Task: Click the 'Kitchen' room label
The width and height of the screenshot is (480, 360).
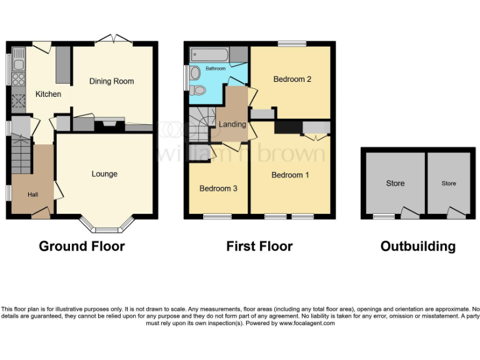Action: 48,94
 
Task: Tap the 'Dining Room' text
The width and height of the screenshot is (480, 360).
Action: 111,81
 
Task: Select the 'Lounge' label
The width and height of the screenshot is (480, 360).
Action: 104,174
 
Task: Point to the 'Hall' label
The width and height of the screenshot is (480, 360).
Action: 32,195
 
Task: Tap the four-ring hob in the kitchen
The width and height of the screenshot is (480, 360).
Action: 17,79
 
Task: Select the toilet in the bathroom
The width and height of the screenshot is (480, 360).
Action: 198,90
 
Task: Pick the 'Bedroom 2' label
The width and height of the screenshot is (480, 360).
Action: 292,79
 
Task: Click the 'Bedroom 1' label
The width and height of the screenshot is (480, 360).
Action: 290,175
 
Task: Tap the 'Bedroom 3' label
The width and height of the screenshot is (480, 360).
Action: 218,188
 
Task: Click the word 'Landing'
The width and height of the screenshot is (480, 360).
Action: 232,124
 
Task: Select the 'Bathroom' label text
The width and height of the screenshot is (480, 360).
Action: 216,68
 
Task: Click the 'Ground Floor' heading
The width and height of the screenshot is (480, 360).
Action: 81,246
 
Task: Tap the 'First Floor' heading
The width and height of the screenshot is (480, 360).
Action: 259,246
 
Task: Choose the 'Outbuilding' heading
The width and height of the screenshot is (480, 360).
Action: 417,246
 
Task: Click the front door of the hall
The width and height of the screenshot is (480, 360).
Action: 40,214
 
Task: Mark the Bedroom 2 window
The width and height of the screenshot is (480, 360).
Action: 292,44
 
